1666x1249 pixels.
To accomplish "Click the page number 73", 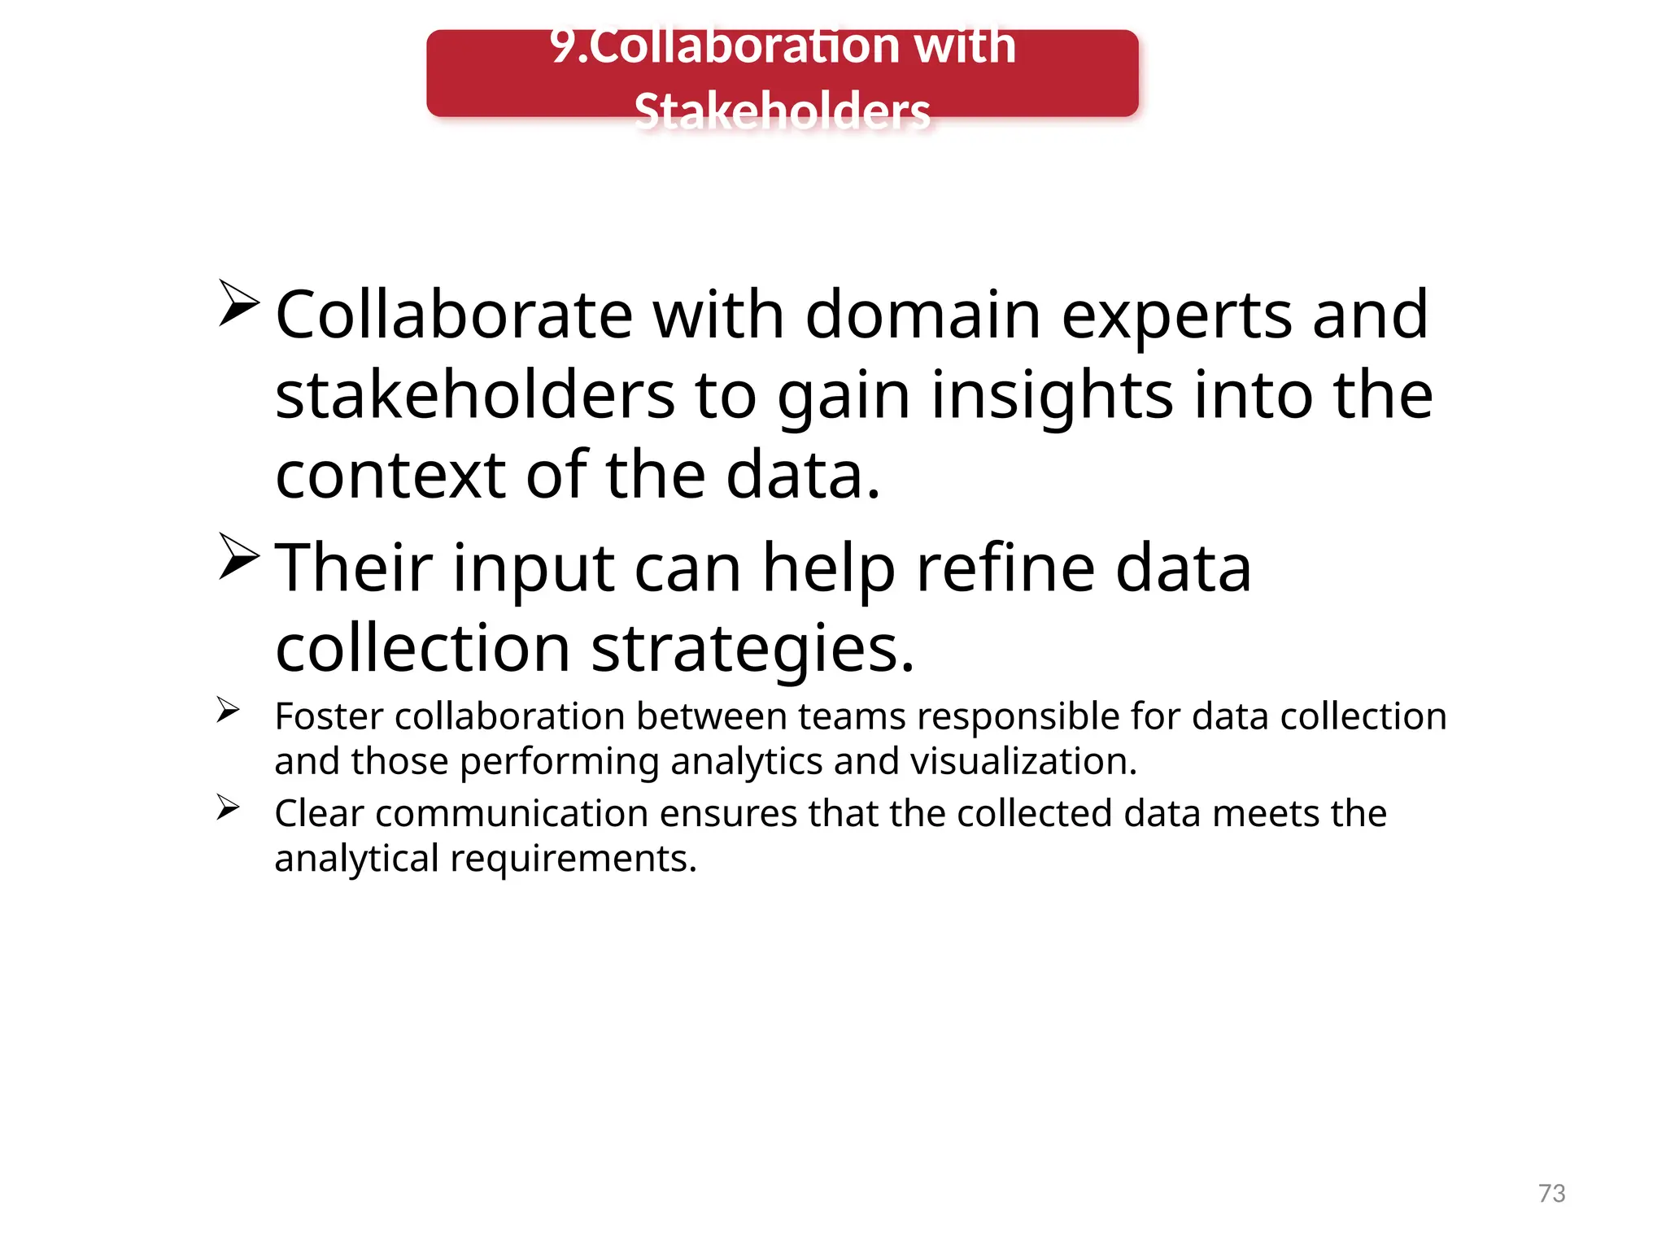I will (x=1551, y=1193).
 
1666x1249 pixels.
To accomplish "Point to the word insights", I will (x=1052, y=397).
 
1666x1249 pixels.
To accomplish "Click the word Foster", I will (x=329, y=716).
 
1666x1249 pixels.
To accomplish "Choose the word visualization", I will (x=1023, y=762).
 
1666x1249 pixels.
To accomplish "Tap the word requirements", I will (x=573, y=859).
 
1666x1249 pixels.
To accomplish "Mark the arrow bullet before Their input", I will (x=238, y=557).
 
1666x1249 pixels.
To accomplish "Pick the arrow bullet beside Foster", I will (x=228, y=710).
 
